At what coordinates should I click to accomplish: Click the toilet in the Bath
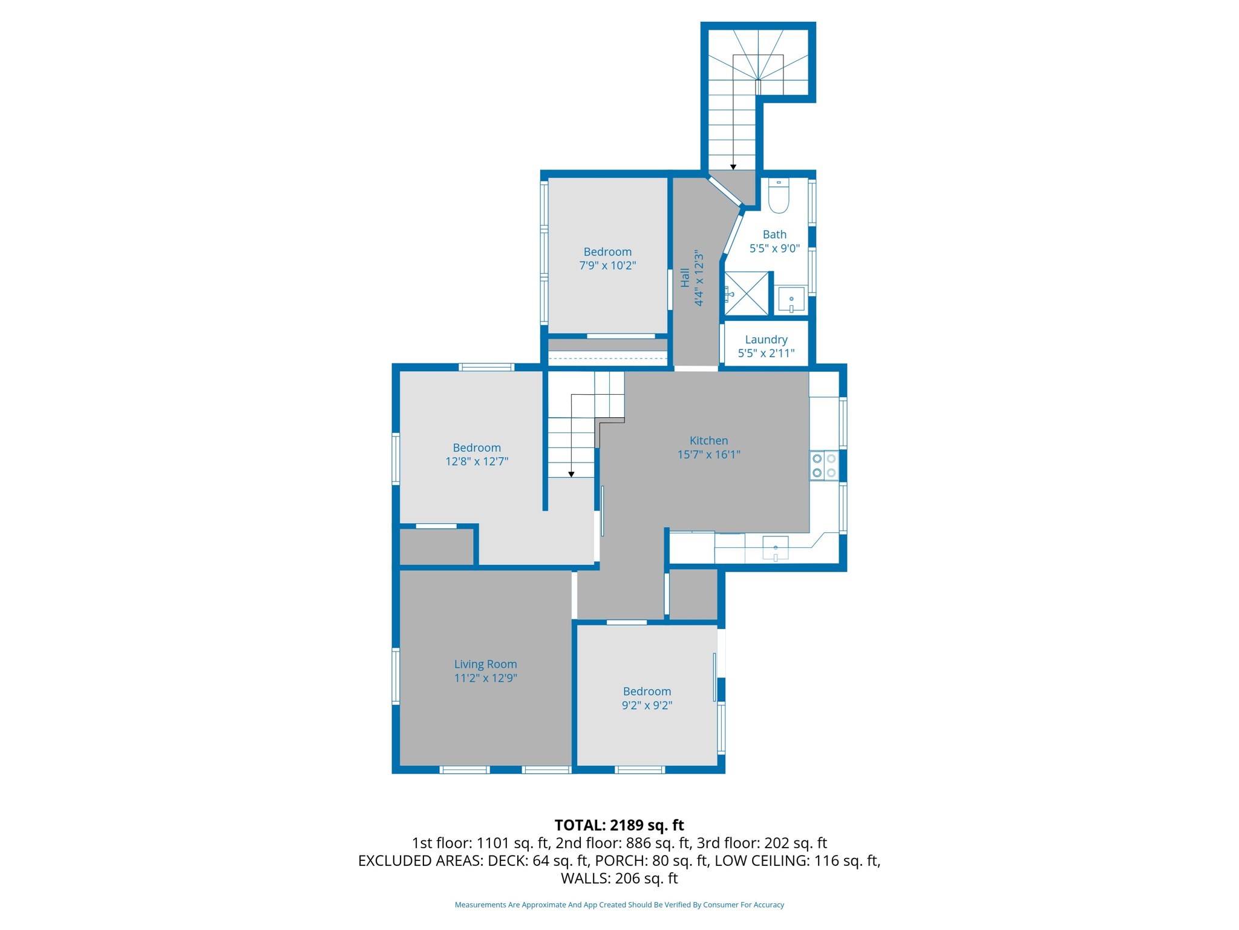779,197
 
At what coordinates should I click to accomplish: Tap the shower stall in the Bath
747,294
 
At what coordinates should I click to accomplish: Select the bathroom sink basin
791,299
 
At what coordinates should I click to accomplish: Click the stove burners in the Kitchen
824,466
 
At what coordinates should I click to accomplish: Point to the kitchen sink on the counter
776,548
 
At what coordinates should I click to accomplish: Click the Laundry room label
766,340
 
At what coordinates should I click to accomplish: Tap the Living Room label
485,664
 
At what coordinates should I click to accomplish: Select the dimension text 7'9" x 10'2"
607,265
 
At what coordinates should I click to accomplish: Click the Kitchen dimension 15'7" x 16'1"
708,455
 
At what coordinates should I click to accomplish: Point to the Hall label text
685,277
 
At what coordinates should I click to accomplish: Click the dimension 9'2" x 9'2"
647,705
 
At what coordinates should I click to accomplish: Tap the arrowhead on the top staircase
733,167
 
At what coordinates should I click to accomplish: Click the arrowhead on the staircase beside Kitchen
571,475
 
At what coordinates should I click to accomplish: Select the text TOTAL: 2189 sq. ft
619,825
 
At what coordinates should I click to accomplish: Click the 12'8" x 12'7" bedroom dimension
477,461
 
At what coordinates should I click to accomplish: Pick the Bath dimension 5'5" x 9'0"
774,248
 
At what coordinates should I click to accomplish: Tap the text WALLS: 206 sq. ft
619,879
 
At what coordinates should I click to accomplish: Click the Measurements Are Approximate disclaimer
619,905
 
